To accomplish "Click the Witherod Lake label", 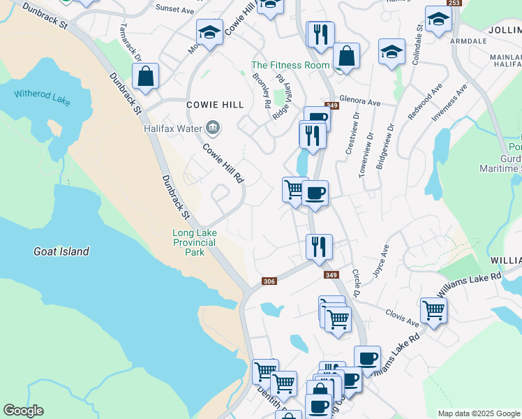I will (x=43, y=97).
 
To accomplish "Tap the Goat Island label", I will (x=61, y=251).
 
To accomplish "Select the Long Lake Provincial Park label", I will (x=195, y=242).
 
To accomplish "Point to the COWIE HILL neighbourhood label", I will (x=215, y=105).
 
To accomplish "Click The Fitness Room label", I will (x=290, y=65).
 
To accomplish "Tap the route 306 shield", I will (x=269, y=281).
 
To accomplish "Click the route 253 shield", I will (x=454, y=3).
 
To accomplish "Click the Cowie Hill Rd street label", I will (x=223, y=163).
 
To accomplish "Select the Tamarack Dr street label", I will (x=130, y=42).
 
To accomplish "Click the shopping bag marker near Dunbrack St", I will (x=145, y=76).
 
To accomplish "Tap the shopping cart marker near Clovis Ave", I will (x=433, y=309).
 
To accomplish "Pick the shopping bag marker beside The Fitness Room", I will (x=346, y=55).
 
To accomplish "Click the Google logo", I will (x=23, y=411).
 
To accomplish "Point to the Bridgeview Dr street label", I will (x=385, y=147).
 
